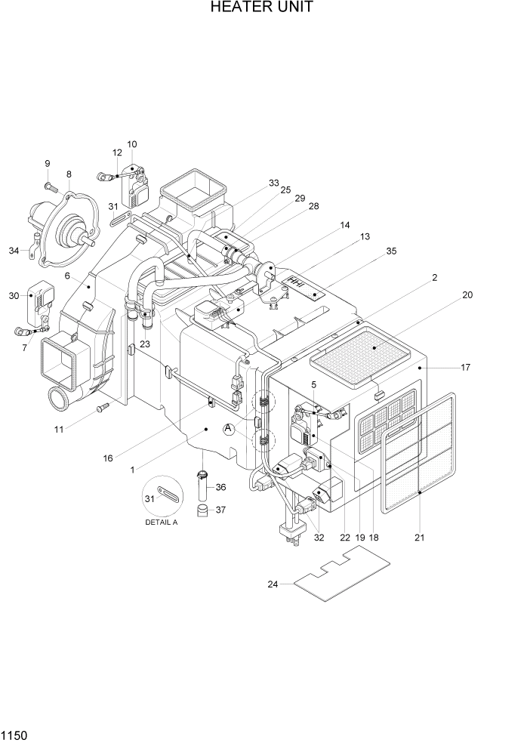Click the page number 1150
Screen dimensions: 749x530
[x=14, y=734]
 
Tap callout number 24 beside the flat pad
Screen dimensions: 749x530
[x=273, y=584]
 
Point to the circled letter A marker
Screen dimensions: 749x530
[x=229, y=429]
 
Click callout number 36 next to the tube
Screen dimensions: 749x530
[x=220, y=487]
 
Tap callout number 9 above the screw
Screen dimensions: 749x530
[x=47, y=164]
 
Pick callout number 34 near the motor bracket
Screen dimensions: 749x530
[x=14, y=251]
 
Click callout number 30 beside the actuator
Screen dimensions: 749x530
[x=14, y=296]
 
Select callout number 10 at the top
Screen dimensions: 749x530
[x=132, y=143]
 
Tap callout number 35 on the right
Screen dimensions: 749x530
[x=391, y=251]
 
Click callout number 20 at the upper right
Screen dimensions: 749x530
[x=467, y=295]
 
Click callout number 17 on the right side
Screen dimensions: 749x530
[x=466, y=368]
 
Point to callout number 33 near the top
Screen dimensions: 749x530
[x=273, y=183]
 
